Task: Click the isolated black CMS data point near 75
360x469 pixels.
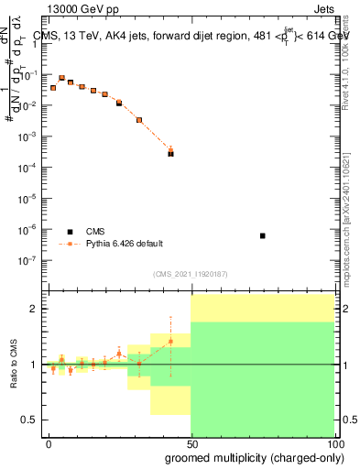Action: tap(263, 236)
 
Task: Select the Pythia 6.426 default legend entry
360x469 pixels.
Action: tap(124, 244)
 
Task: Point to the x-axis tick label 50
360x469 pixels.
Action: tap(191, 443)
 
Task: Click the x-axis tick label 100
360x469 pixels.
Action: tap(333, 443)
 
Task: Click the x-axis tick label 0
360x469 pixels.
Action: tap(49, 443)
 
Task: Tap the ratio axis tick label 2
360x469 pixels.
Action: tap(33, 309)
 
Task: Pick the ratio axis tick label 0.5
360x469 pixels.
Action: tap(29, 420)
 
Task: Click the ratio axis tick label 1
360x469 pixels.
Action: tap(33, 365)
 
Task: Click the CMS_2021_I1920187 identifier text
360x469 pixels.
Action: tap(190, 274)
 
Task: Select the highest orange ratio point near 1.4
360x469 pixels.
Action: tap(170, 342)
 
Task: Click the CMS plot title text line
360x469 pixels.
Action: tap(191, 37)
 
